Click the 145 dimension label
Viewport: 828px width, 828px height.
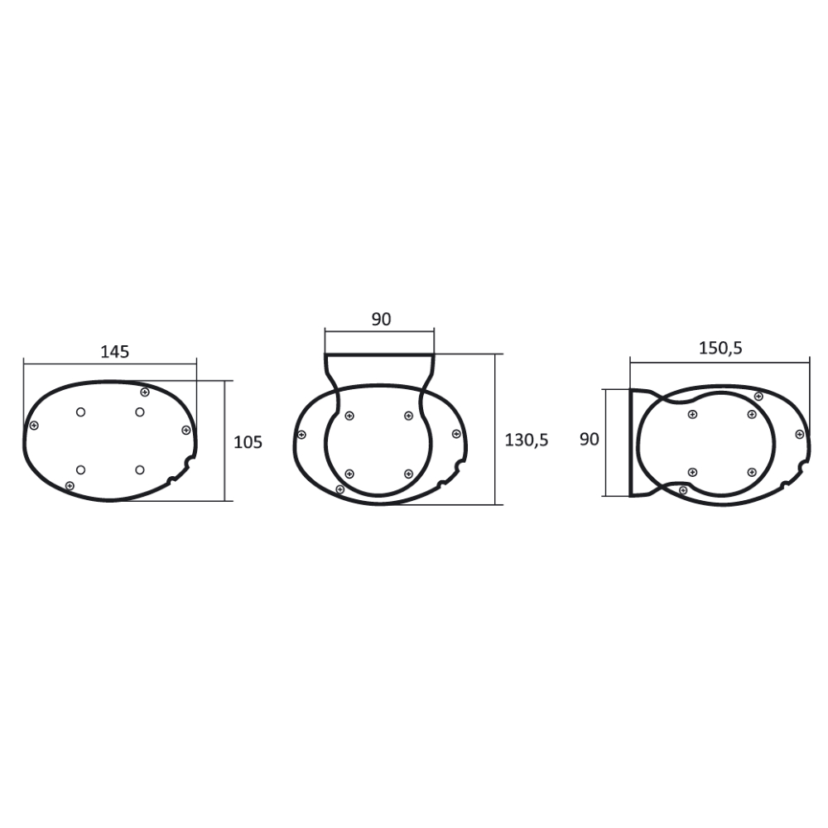pyautogui.click(x=114, y=352)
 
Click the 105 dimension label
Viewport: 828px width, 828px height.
pyautogui.click(x=248, y=442)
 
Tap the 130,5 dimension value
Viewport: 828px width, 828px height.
pyautogui.click(x=527, y=440)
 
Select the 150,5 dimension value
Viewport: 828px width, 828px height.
pyautogui.click(x=720, y=349)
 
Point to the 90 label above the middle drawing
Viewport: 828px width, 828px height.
pyautogui.click(x=381, y=320)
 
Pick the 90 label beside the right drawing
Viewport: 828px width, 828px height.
pyautogui.click(x=590, y=440)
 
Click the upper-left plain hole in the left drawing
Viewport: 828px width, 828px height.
pyautogui.click(x=81, y=412)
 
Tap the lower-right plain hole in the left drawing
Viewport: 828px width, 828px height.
pyautogui.click(x=140, y=469)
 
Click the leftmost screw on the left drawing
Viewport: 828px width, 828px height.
pyautogui.click(x=34, y=425)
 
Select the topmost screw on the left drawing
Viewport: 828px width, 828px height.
pyautogui.click(x=145, y=392)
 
